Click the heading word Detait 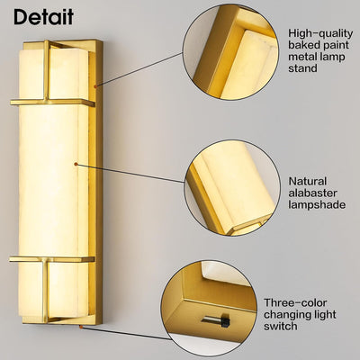43,17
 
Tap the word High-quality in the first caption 320,33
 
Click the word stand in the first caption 302,68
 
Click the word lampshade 317,205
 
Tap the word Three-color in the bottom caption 295,302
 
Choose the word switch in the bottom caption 281,326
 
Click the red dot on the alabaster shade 76,164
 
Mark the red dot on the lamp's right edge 95,86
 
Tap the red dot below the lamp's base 81,327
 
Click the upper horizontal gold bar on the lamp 53,102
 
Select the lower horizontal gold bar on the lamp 52,259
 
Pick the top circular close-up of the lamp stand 230,51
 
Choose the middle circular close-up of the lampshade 232,188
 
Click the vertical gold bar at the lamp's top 46,71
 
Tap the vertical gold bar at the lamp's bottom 45,291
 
